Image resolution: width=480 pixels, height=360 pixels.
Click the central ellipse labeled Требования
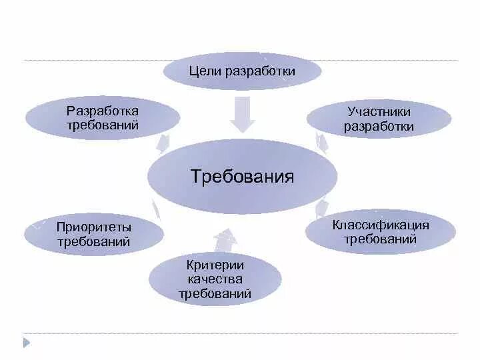(242, 177)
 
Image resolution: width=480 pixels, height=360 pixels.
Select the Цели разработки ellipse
(242, 71)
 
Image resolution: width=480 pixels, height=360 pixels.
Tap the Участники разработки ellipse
(379, 119)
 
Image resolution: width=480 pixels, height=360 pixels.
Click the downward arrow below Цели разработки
(242, 114)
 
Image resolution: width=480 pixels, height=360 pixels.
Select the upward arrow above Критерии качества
(225, 239)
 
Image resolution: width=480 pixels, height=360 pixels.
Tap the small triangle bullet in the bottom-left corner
(27, 343)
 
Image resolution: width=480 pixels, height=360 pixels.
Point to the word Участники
(379, 111)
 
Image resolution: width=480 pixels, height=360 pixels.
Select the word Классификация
(381, 225)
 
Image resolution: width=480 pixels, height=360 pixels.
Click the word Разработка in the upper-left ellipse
(103, 110)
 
